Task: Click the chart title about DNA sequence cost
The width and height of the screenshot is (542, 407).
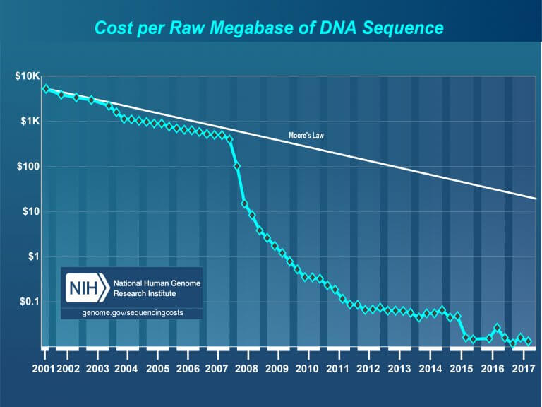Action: [x=269, y=28]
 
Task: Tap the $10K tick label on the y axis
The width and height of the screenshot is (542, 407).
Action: [x=28, y=76]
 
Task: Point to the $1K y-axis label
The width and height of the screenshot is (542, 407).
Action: [x=30, y=122]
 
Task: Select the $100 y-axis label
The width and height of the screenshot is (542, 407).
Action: [x=29, y=167]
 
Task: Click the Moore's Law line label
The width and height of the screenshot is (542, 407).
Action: [x=306, y=135]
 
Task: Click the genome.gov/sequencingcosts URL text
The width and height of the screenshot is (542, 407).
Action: [x=131, y=312]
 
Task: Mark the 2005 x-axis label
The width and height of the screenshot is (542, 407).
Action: [x=157, y=369]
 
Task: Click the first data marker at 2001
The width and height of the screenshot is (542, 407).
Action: [x=46, y=89]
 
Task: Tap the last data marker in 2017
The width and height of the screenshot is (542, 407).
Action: [x=529, y=341]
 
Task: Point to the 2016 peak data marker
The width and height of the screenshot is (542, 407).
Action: [x=498, y=328]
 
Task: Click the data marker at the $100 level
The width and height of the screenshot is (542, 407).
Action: [x=237, y=166]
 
